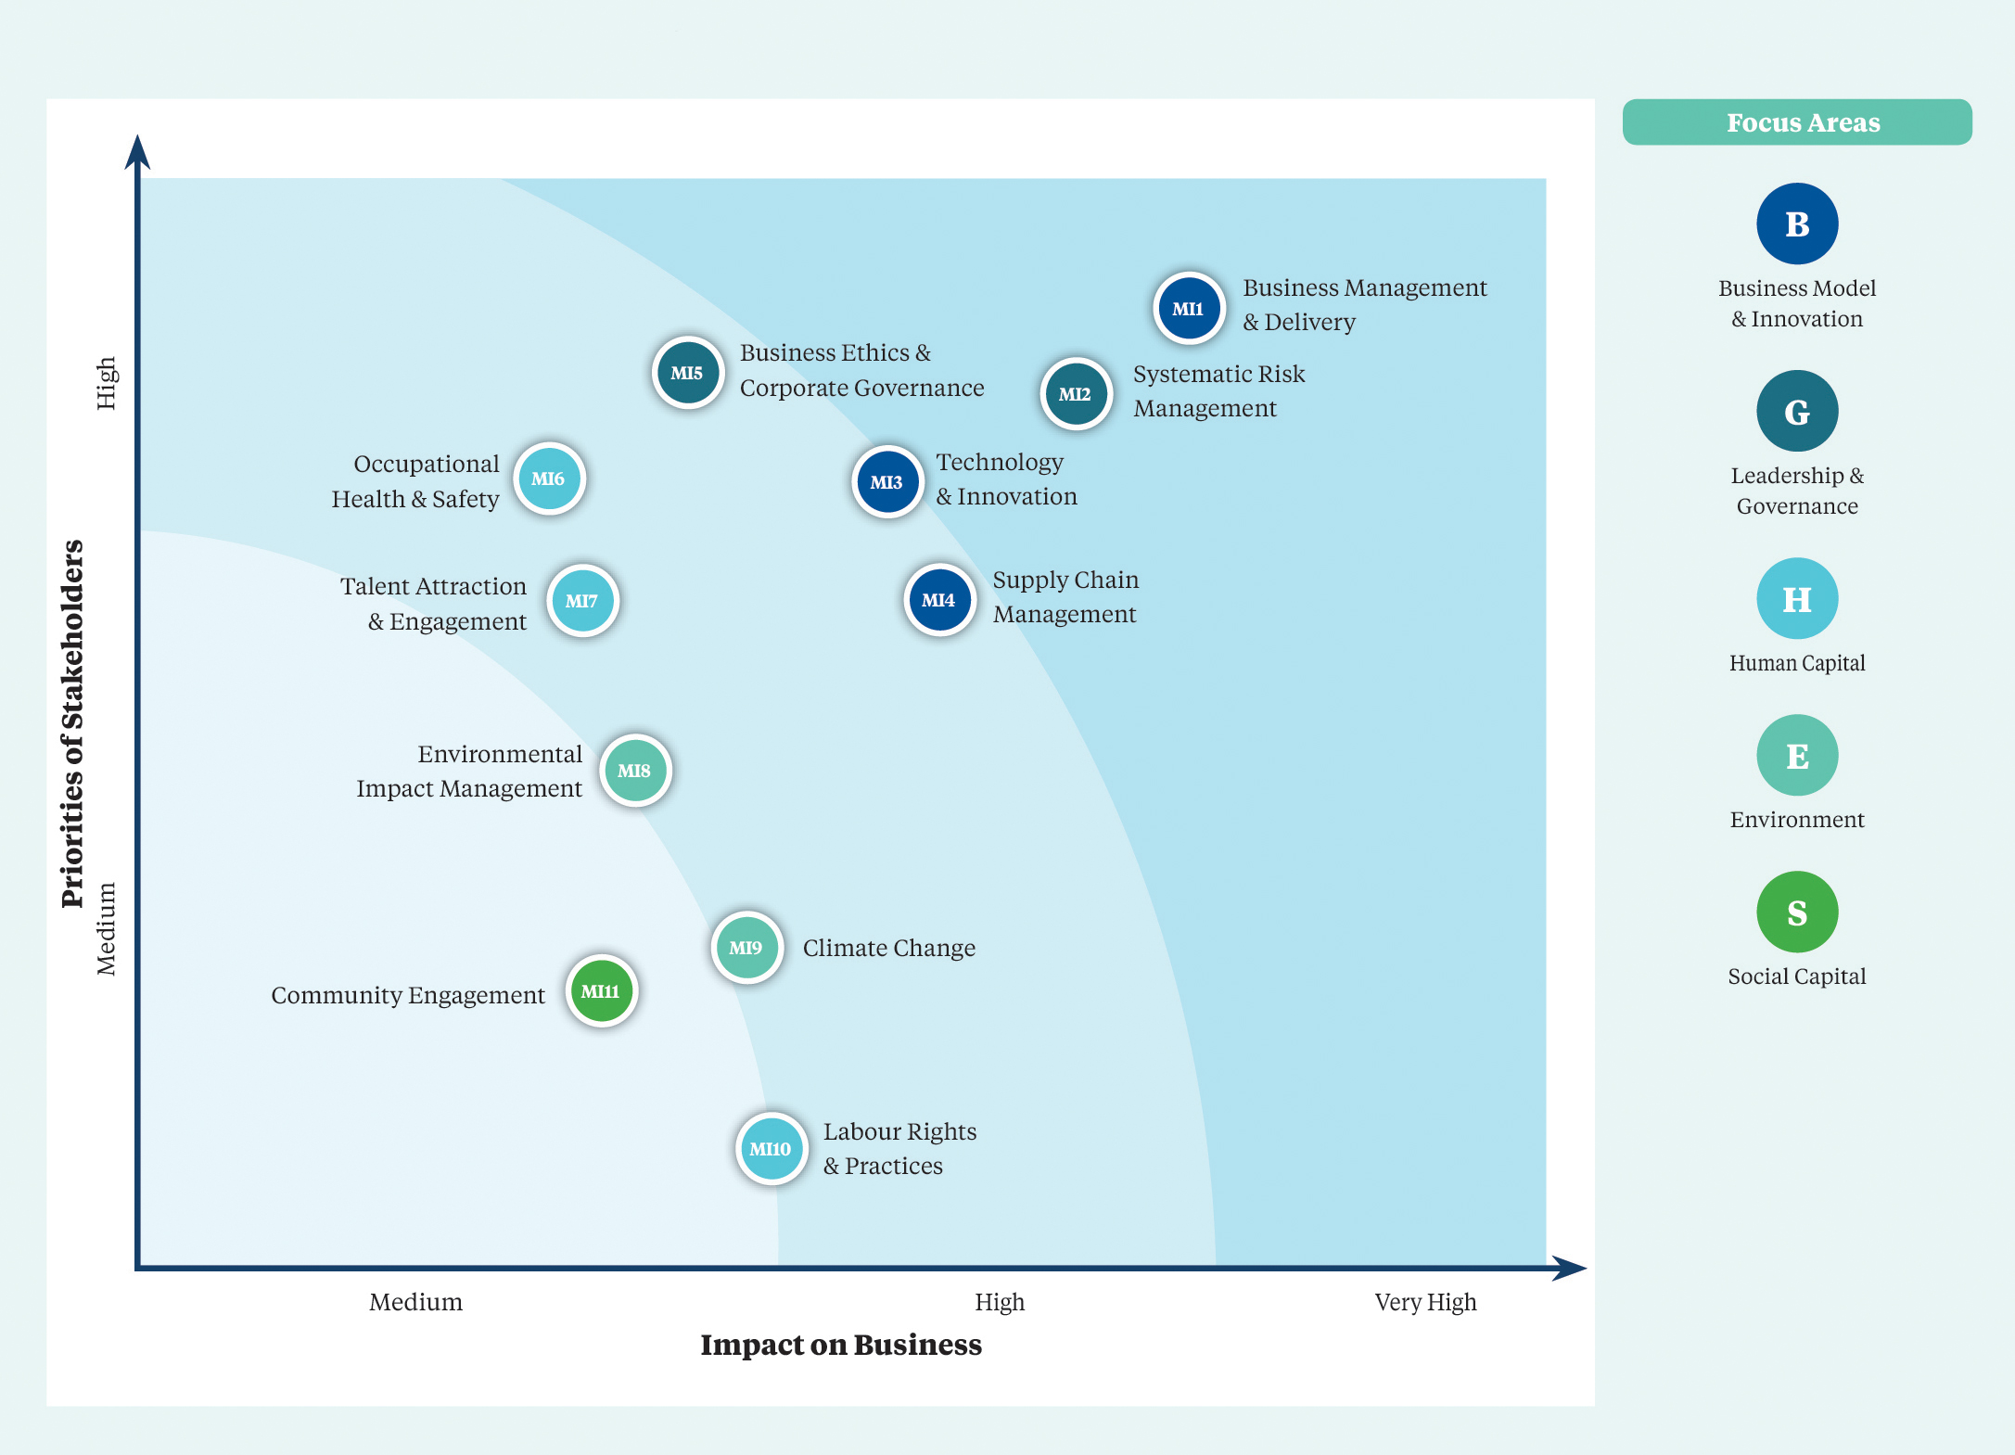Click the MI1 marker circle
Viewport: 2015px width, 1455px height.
coord(1189,308)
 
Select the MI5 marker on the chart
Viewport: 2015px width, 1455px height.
coord(687,373)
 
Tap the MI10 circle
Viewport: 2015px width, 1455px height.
coord(771,1149)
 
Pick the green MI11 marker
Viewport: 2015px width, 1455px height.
coord(601,991)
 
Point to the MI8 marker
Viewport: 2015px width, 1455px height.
coord(635,771)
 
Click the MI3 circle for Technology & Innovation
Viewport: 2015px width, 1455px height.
coord(887,482)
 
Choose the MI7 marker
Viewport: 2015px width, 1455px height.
coord(582,601)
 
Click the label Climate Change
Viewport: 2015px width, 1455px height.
coord(889,948)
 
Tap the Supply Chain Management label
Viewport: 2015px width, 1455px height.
coord(1065,596)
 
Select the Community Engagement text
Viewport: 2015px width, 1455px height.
coord(408,995)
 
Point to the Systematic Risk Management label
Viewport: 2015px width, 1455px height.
coord(1218,390)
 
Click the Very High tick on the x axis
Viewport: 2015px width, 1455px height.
coord(1425,1302)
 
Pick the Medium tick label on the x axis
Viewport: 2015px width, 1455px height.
coord(415,1302)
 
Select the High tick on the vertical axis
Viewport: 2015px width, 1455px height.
coord(107,383)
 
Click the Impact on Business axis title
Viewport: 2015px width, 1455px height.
coord(841,1345)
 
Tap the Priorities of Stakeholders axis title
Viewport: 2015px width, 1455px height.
coord(72,723)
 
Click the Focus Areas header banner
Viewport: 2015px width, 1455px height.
coord(1797,122)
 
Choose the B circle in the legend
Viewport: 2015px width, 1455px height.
coord(1797,223)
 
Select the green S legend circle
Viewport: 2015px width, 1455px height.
coord(1797,913)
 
